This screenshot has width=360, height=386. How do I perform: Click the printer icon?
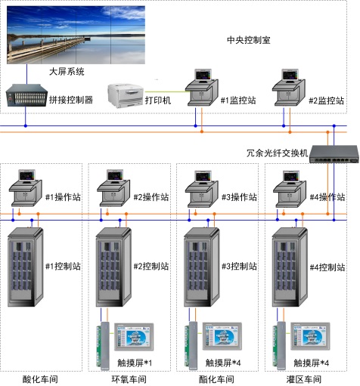[x=126, y=96]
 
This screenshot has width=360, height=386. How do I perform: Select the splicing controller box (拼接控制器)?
[x=26, y=96]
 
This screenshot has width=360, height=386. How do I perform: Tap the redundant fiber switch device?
[x=334, y=154]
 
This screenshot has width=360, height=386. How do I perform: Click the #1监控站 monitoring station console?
[x=202, y=88]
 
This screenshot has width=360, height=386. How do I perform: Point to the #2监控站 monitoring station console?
[x=289, y=88]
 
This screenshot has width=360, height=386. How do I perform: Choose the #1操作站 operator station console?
[x=26, y=188]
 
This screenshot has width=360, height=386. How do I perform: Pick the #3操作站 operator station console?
[x=202, y=189]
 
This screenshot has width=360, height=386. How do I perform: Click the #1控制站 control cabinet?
[x=26, y=267]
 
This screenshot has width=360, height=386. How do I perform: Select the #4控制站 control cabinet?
[x=290, y=267]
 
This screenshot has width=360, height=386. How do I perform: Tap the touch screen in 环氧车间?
[x=134, y=337]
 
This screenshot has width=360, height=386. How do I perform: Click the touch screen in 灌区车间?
[x=310, y=336]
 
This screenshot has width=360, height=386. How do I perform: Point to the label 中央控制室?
[x=249, y=40]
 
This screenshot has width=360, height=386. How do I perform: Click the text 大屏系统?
[x=67, y=72]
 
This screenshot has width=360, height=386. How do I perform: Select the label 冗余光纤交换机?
[x=277, y=153]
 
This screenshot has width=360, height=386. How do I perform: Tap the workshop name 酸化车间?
[x=40, y=379]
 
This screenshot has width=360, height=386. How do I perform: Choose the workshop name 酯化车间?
[x=216, y=379]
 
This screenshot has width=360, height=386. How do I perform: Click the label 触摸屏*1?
[x=135, y=363]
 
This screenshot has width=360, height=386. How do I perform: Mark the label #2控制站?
[x=151, y=266]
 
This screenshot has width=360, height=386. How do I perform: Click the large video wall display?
[x=76, y=35]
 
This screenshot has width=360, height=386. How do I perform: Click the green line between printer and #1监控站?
[x=166, y=92]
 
